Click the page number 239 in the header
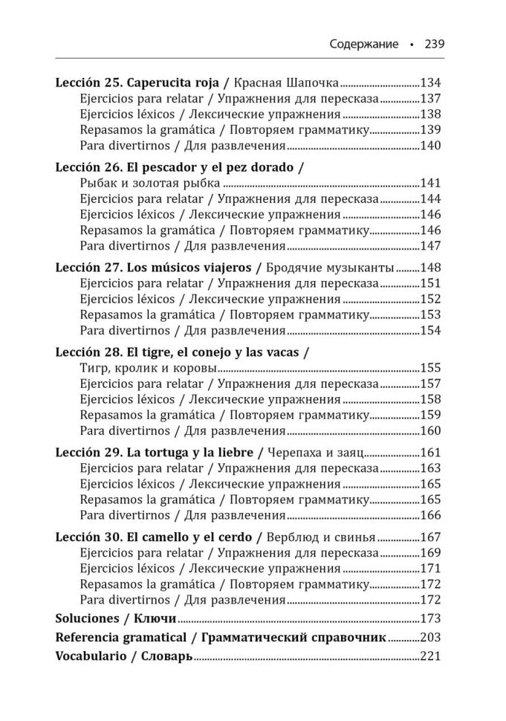(434, 44)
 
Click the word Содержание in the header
(364, 44)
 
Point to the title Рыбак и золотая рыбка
(149, 183)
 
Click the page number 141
(431, 183)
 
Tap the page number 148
(431, 268)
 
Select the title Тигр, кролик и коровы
(148, 368)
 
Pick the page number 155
(431, 368)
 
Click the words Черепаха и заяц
(315, 453)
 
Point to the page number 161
(431, 453)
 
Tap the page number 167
(431, 537)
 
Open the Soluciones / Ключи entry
(116, 618)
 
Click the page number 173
(431, 618)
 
